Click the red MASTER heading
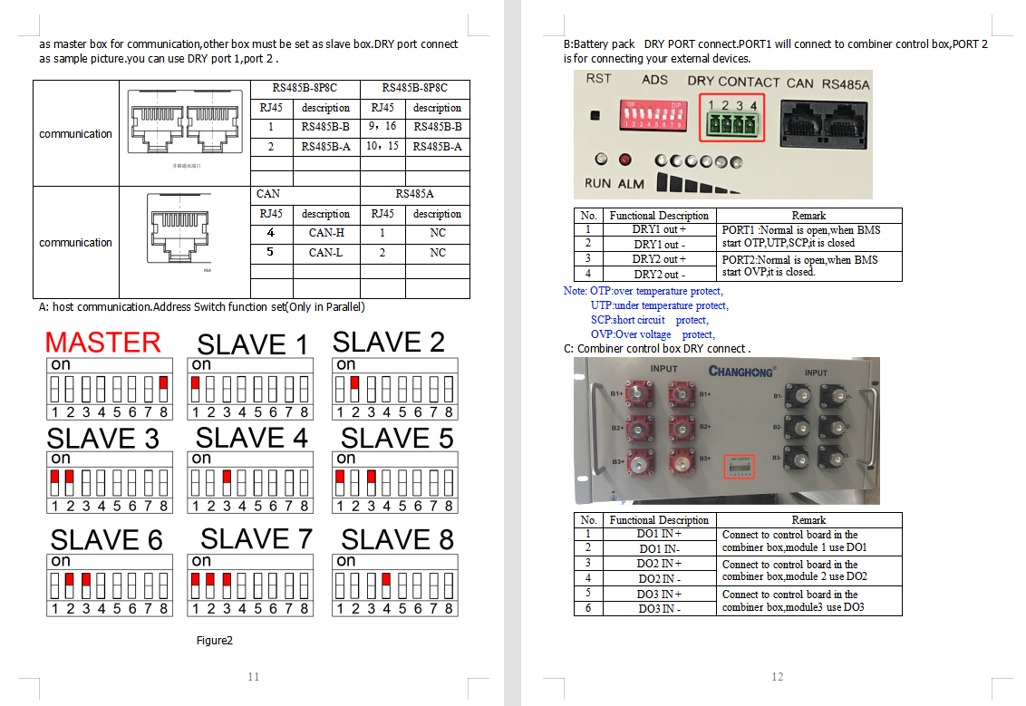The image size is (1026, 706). click(102, 343)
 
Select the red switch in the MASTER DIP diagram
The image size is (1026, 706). click(163, 384)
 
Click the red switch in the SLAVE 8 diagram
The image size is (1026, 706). click(386, 580)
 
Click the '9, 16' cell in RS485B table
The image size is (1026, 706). click(382, 127)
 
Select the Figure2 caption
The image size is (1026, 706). click(215, 641)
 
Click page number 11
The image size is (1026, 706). click(253, 677)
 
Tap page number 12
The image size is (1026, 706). click(777, 677)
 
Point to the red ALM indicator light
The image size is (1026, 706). click(624, 160)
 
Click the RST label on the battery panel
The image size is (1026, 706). click(599, 79)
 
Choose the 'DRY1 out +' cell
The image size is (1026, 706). click(659, 230)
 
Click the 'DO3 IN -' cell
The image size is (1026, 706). click(659, 608)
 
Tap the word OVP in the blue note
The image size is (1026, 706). click(601, 334)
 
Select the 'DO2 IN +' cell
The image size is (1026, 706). click(659, 564)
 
